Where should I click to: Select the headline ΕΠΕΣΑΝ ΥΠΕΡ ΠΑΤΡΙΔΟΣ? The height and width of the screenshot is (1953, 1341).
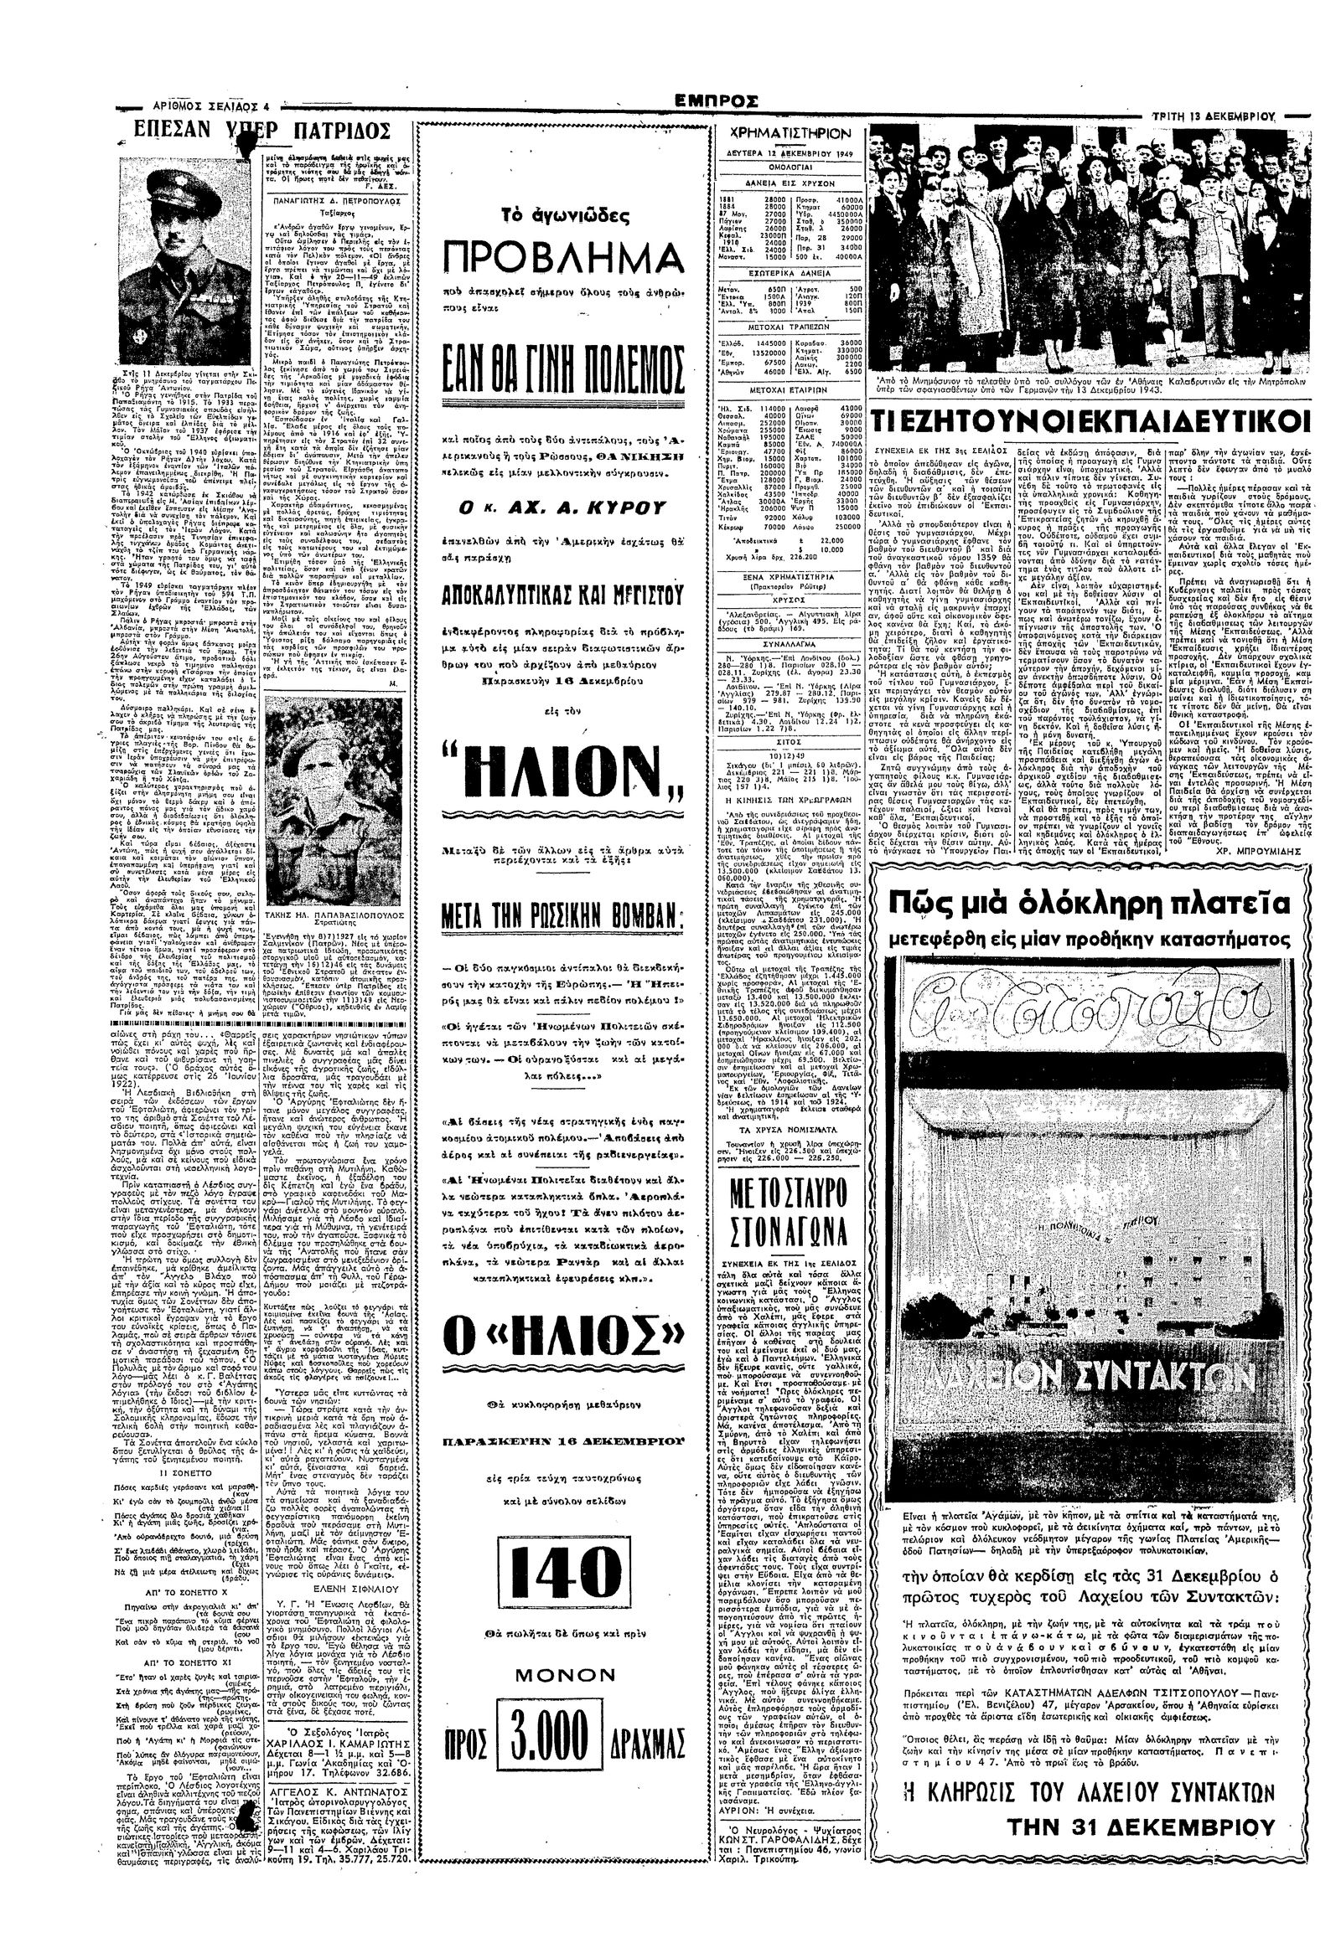(263, 132)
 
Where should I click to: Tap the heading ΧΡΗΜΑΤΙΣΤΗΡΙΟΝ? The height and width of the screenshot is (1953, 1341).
(791, 135)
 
